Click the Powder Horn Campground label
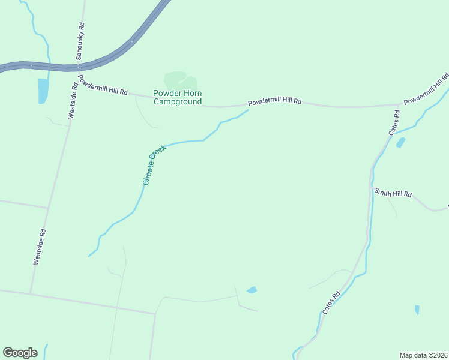click(177, 97)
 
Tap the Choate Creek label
click(154, 164)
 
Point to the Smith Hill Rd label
click(393, 193)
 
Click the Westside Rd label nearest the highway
click(73, 100)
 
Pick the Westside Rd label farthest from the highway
click(40, 247)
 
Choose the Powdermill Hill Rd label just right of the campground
click(274, 102)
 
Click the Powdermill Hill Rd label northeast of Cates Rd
click(427, 89)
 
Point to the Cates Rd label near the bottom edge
click(331, 302)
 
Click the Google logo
click(20, 353)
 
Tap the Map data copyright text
click(423, 355)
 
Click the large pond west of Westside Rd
click(43, 91)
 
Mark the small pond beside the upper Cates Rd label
click(400, 142)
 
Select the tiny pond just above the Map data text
click(417, 310)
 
